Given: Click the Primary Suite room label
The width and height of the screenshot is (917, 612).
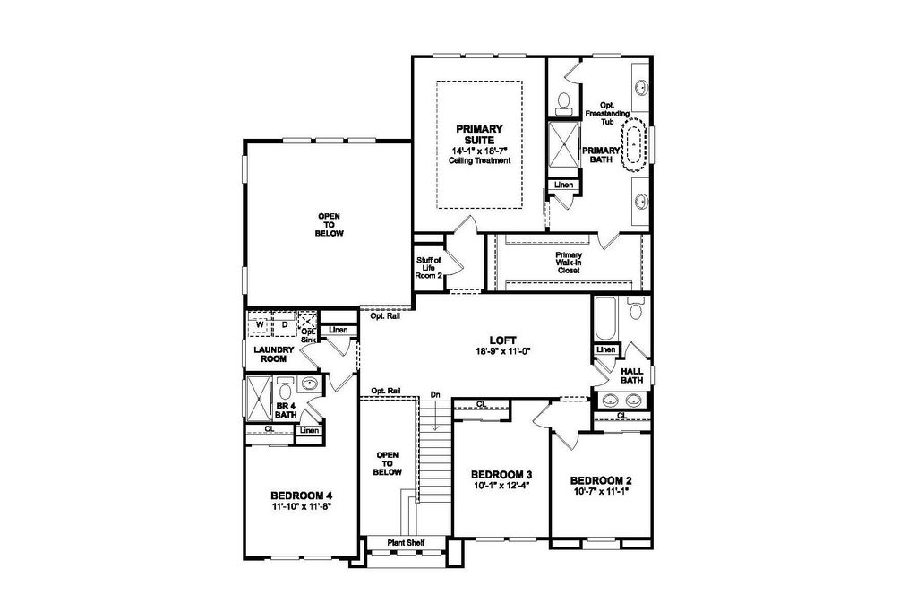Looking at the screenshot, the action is [479, 134].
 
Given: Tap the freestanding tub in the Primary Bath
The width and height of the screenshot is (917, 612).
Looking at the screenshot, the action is [634, 144].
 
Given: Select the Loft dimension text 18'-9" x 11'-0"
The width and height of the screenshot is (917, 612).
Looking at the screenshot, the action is [502, 351].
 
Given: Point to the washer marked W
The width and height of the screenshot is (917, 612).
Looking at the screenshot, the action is [261, 324].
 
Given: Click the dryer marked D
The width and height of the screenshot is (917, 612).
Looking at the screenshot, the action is [285, 324].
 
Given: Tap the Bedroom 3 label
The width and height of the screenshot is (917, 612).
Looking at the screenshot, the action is [501, 474].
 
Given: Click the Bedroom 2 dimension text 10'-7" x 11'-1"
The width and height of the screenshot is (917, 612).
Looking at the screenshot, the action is [602, 491].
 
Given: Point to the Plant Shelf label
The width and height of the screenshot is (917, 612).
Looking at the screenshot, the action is [406, 543].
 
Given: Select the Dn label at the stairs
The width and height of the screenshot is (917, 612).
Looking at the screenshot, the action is [435, 395].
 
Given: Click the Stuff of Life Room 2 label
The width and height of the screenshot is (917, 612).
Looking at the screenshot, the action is [429, 267].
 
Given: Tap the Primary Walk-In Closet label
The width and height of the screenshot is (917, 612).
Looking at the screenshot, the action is [569, 263].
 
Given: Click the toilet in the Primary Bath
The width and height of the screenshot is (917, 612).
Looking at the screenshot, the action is [564, 101].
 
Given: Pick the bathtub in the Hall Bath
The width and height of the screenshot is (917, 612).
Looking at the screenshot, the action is [605, 318].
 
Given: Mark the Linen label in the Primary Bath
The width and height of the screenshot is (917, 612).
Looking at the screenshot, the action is [564, 185].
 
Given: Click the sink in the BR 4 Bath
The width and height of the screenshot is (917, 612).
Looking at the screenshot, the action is [309, 384].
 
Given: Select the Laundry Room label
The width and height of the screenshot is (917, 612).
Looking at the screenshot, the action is [274, 355].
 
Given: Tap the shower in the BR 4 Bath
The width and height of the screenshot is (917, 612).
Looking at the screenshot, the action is [258, 399].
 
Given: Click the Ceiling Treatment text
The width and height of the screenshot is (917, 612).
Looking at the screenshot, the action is [480, 160].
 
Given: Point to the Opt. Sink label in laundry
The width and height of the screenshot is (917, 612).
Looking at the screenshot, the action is [308, 335].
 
